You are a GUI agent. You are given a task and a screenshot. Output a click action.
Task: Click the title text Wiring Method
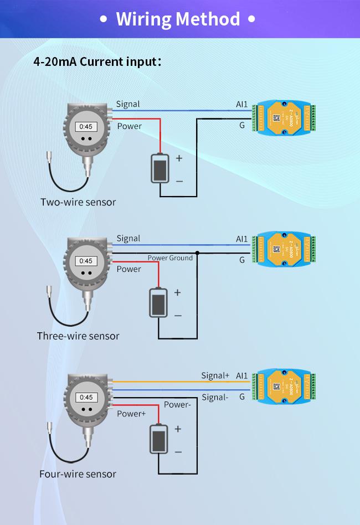pos(178,19)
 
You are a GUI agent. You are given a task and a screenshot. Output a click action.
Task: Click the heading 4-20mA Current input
pos(97,61)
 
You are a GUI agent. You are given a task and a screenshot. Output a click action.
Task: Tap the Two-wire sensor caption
pos(78,202)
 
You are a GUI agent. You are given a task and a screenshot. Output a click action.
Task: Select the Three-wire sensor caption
pos(78,336)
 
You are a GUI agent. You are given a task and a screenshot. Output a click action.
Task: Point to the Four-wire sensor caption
pos(78,473)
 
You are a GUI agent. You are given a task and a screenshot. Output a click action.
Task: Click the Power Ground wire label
pos(170,258)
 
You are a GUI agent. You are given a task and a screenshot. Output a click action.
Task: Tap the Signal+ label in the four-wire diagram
pos(215,375)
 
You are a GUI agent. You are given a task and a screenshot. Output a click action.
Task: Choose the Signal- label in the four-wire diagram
pos(215,397)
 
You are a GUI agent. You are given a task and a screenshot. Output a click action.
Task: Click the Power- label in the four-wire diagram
pos(177,405)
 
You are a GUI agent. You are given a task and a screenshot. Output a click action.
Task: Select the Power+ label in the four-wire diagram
pos(132,414)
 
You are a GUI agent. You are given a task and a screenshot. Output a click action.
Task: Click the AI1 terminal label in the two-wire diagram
pos(242,104)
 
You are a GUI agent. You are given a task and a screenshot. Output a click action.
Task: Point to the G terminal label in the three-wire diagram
pos(242,260)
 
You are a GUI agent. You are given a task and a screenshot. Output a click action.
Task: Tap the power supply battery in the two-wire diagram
pos(160,168)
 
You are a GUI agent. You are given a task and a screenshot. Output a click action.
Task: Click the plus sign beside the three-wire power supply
pos(178,292)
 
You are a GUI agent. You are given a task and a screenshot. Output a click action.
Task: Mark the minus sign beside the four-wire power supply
pos(178,452)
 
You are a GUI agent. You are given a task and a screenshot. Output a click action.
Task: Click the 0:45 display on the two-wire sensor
pos(85,127)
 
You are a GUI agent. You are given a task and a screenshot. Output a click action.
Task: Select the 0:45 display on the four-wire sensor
pos(86,397)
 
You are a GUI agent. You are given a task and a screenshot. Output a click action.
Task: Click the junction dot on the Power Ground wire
pos(197,253)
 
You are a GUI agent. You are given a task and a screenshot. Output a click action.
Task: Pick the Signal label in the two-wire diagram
pos(128,104)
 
